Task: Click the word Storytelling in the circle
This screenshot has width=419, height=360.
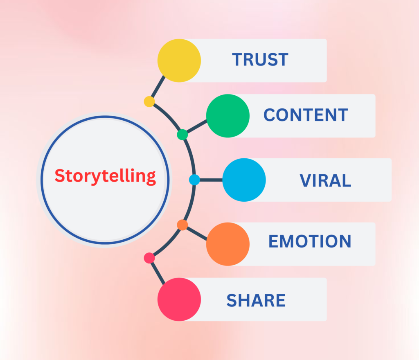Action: pyautogui.click(x=105, y=176)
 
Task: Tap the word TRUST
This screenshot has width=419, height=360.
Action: pyautogui.click(x=260, y=60)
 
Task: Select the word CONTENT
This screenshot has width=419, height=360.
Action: pyautogui.click(x=306, y=115)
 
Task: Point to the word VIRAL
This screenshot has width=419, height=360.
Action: pyautogui.click(x=325, y=180)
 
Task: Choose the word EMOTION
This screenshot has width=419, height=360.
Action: pyautogui.click(x=310, y=241)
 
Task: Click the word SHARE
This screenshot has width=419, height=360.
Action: pyautogui.click(x=256, y=300)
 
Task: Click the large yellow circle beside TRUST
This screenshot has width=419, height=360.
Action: pyautogui.click(x=179, y=61)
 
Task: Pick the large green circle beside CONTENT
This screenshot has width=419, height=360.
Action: pyautogui.click(x=228, y=116)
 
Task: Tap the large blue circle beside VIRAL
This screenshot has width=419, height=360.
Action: pyautogui.click(x=244, y=180)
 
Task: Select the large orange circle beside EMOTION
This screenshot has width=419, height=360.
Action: pyautogui.click(x=228, y=244)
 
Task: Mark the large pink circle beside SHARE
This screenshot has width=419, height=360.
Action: pyautogui.click(x=179, y=299)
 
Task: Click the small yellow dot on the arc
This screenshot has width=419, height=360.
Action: pyautogui.click(x=149, y=101)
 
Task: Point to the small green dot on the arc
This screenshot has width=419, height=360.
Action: pyautogui.click(x=182, y=134)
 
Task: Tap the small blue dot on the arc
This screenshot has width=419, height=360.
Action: pyautogui.click(x=194, y=180)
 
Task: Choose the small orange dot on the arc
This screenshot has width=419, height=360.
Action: pyautogui.click(x=182, y=225)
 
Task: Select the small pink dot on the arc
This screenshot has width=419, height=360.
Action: pyautogui.click(x=149, y=258)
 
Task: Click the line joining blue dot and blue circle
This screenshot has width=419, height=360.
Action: pyautogui.click(x=211, y=180)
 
